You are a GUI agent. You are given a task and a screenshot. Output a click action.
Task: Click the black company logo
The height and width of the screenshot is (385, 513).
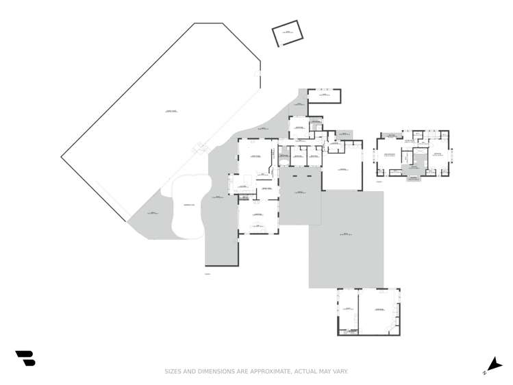click(25, 358)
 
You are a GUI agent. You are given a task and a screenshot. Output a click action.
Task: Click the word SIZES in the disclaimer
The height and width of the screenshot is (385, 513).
click(172, 371)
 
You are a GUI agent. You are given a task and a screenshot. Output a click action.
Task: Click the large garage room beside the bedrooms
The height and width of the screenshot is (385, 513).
click(342, 171)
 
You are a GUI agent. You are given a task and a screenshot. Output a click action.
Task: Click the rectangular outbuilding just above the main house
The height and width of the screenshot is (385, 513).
click(324, 96)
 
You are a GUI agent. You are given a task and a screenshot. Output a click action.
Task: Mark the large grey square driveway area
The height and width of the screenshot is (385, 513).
click(346, 238)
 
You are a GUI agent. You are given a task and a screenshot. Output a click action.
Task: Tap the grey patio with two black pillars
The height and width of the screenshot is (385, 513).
click(299, 199)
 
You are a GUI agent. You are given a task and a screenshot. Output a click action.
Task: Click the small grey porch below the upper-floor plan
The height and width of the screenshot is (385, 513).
click(414, 178)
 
